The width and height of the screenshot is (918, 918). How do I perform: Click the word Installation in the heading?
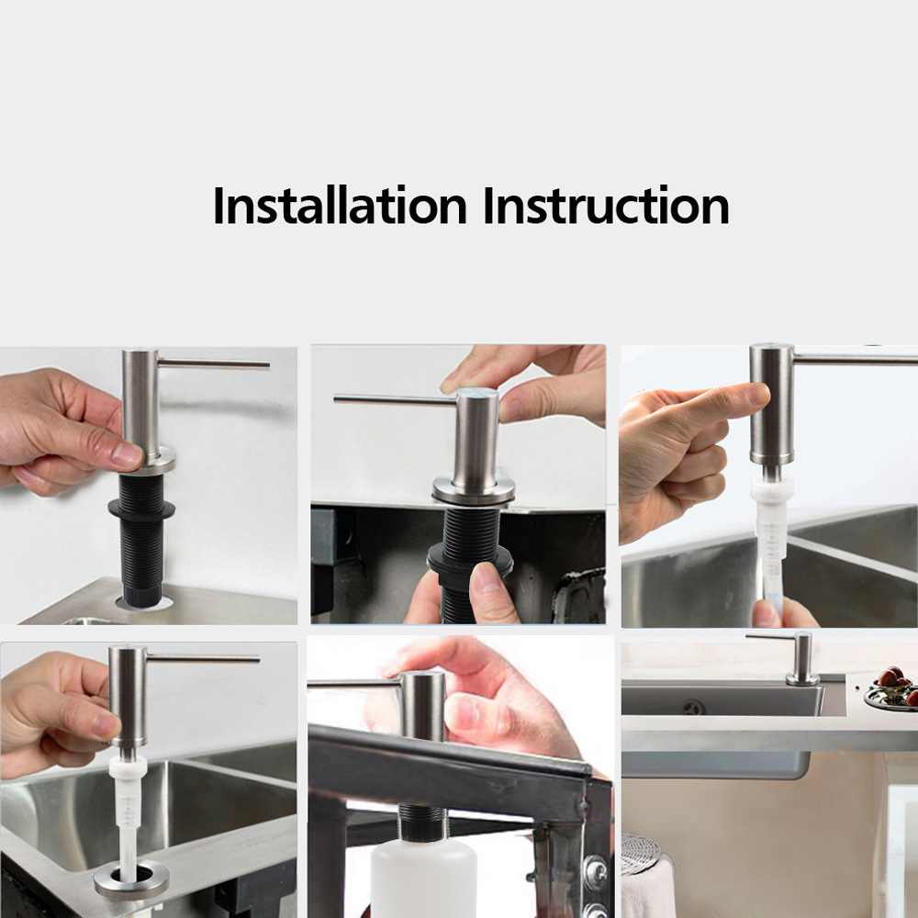pos(340,206)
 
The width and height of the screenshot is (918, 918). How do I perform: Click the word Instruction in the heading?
pos(606,206)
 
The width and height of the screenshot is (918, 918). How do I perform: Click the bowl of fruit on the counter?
pos(891,689)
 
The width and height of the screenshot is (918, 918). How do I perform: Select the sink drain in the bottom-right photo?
pos(693,707)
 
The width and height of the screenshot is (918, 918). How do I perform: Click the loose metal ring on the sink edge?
pos(131,880)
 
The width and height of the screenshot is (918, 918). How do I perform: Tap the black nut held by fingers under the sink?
pos(470,560)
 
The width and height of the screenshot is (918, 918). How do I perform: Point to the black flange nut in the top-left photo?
pos(141,509)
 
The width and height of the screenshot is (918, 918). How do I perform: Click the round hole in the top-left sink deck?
pos(144,602)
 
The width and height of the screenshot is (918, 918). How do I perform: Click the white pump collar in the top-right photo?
pos(772,488)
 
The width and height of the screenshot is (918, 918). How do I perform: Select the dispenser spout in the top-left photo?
pos(214,364)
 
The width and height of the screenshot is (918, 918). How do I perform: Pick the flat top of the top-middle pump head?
pos(477,392)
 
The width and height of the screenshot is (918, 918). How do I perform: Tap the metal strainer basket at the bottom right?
pos(641,854)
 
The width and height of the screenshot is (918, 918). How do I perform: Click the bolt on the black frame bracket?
pos(596,868)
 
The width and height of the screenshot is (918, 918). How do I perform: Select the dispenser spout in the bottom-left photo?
pos(203,658)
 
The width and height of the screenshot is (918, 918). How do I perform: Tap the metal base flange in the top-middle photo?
pos(474,489)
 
